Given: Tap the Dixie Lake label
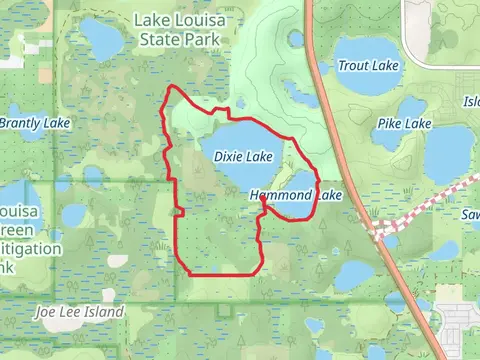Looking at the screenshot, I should (x=243, y=157).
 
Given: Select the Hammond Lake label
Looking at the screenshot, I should (x=297, y=196).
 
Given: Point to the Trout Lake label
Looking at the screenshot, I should (x=368, y=66).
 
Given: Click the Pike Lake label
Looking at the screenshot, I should (x=404, y=124).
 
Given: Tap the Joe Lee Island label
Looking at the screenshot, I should (x=79, y=312).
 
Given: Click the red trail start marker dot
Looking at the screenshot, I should (x=262, y=199).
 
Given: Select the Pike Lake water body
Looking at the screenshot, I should (x=412, y=107).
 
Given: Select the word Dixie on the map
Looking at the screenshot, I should (x=228, y=157).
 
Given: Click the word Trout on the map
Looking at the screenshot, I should (x=354, y=66).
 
